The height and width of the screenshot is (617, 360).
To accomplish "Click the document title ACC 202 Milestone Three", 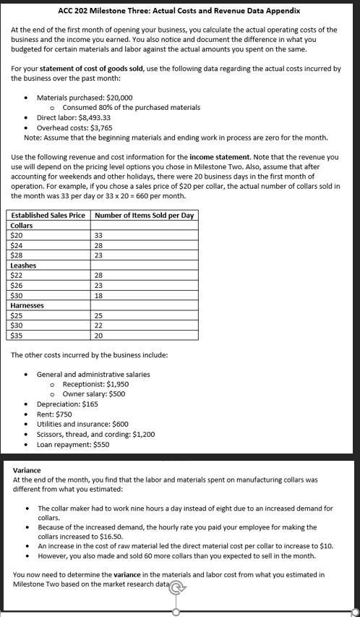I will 179,11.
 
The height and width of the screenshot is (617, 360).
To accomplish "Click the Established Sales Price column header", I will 48,216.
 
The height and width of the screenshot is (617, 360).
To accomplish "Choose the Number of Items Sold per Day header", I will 144,216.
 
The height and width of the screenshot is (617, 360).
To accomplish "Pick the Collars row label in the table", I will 22,226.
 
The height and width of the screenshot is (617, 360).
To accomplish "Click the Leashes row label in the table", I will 24,265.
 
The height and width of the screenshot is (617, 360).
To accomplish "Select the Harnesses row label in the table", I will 27,305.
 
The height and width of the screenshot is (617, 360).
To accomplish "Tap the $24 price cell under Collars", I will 17,245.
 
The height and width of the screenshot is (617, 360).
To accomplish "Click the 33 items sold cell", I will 99,235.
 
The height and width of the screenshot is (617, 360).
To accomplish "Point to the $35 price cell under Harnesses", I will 17,335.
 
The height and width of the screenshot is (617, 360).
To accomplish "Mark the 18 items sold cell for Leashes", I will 98,295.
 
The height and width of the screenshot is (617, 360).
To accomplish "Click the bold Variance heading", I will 27,470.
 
